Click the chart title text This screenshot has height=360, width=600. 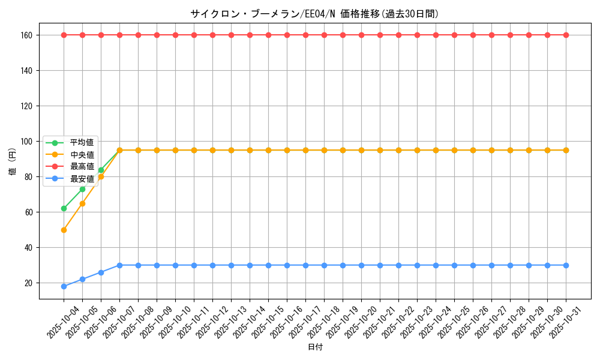tap(319, 14)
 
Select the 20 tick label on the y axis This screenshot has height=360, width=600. tap(29, 283)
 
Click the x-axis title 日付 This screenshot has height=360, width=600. tap(315, 347)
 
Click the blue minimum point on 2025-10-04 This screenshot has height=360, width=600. tap(64, 286)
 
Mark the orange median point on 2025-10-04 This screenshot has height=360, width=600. tap(64, 230)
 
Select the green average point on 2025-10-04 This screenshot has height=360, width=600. tap(64, 208)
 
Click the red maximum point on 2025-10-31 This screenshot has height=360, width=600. tap(566, 35)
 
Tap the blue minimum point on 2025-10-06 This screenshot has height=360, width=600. tap(101, 272)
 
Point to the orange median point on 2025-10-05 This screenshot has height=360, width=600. tap(82, 203)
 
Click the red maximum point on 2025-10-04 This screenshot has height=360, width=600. tap(64, 35)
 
